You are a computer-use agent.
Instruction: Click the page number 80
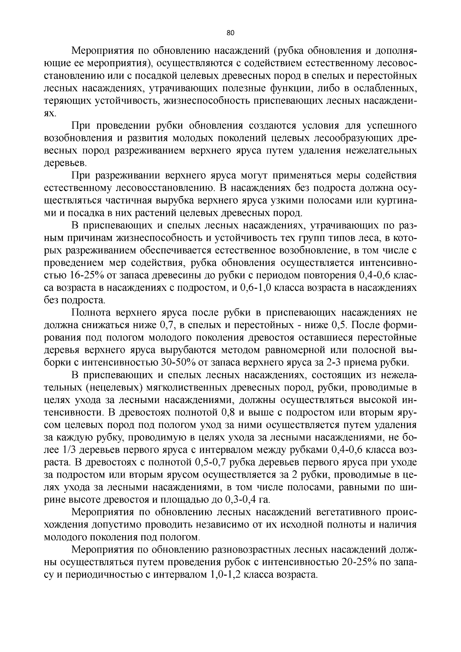[230, 33]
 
